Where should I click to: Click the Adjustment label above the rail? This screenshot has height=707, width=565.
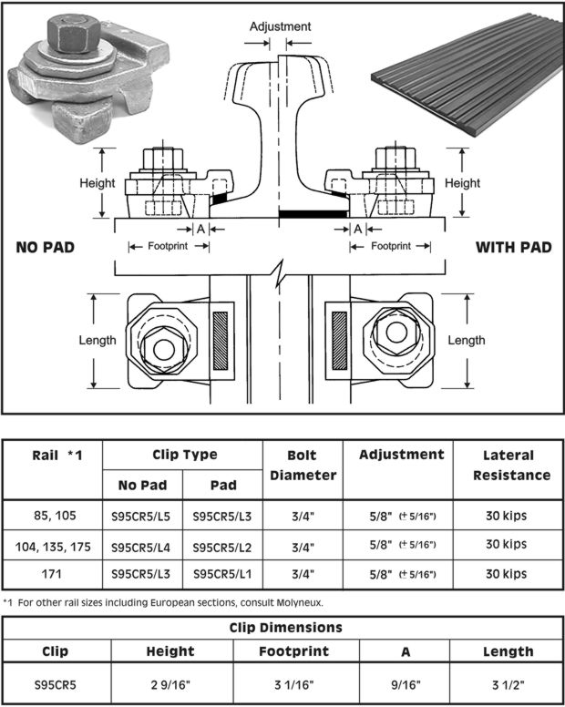281,27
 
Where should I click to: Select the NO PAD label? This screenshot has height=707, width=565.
45,247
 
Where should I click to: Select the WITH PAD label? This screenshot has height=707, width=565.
513,247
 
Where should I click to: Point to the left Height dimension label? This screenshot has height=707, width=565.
98,182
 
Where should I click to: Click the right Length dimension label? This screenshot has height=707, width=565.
467,341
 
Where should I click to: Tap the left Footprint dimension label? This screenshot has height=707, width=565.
169,246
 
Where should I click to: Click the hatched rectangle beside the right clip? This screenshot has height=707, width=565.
339,340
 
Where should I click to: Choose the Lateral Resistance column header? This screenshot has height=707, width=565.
517,465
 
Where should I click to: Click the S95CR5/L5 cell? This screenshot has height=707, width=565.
142,517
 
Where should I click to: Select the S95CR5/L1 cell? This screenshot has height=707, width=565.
222,575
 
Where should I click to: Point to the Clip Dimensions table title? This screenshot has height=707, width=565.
282,628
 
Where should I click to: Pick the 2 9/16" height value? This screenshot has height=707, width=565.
170,682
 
